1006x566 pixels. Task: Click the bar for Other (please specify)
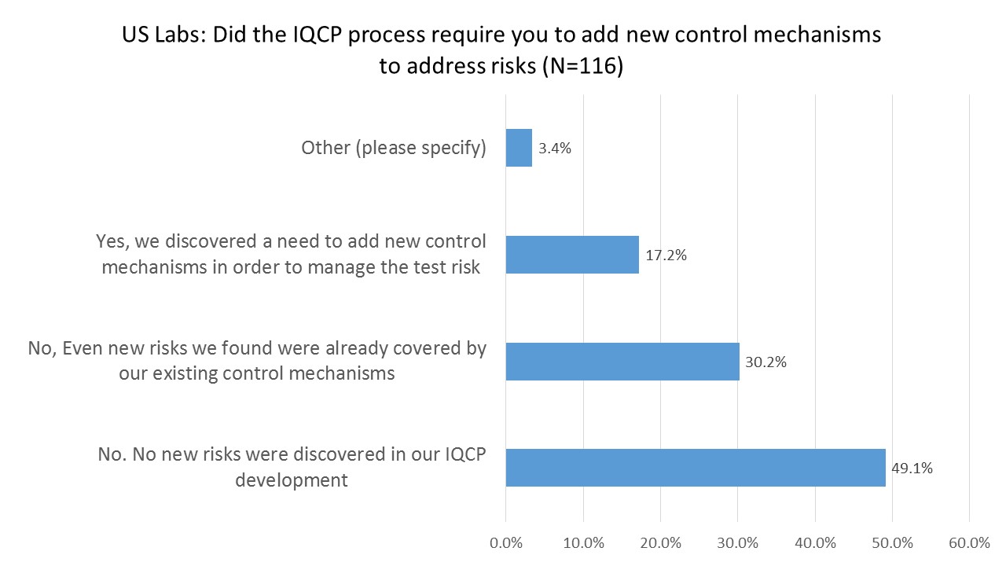519,148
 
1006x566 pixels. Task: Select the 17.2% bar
572,255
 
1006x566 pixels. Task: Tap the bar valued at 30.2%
622,362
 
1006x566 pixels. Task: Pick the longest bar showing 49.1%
696,468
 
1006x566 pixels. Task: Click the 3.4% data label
555,148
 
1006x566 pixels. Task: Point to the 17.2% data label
666,255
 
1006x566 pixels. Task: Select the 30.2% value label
766,362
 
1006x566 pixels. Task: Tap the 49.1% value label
912,469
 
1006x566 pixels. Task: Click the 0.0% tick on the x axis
505,542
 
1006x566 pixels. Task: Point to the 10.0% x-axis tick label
583,542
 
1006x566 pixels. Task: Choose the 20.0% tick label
660,542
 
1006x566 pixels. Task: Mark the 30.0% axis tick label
737,542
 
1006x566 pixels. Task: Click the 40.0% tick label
815,542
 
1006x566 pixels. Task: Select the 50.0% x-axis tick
892,542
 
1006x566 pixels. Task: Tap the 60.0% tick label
969,542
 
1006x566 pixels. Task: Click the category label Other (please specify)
394,148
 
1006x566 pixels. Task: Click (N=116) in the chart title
582,67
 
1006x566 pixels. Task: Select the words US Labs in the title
162,35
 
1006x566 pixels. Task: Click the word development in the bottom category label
292,480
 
